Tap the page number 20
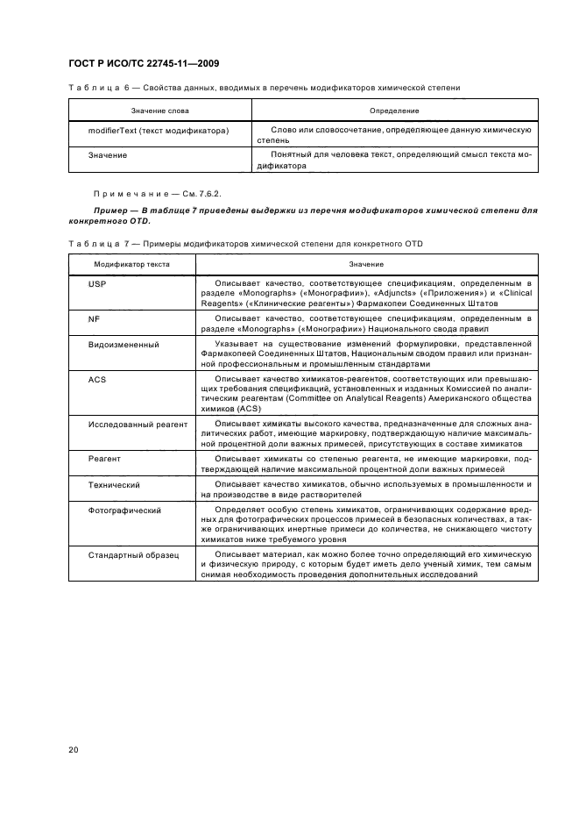coord(73,750)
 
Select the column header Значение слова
coord(160,111)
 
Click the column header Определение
coord(395,111)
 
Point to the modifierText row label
coord(159,130)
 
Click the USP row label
coord(96,285)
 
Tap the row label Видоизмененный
coord(124,345)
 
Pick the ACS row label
coord(96,378)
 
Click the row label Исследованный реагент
coord(138,424)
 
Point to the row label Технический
coord(115,484)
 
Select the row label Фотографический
coord(124,510)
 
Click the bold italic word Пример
coord(110,211)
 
